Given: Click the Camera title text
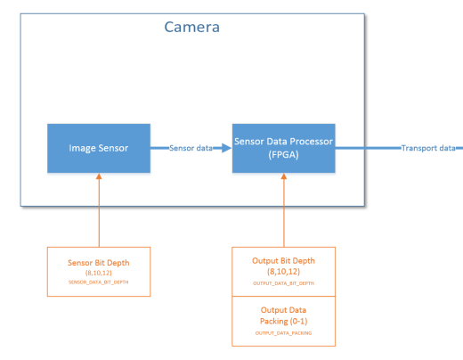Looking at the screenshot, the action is coord(192,27).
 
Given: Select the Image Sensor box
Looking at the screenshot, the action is coord(99,148).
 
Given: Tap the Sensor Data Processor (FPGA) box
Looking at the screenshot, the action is coord(284,148).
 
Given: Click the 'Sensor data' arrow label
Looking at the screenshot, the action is coord(191,148).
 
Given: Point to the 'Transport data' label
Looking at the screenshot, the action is coord(428,148).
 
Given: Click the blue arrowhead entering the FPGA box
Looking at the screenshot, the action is coord(226,148).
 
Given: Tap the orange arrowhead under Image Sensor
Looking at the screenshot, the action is coord(99,176).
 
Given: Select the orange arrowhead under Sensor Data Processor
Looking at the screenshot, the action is coord(284,176).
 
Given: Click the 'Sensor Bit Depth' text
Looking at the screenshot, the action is coord(99,263).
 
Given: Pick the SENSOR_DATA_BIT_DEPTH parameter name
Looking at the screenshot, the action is coord(99,282).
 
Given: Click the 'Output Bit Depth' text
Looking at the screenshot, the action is coord(283,261).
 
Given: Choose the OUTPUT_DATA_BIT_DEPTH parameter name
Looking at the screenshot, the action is coord(283,283).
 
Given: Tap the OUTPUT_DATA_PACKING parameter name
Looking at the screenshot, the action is coord(283,333).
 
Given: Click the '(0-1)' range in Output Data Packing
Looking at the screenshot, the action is coord(299,321).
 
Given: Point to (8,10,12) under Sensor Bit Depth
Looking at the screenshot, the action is coord(99,273).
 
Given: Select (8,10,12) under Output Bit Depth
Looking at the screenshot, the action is coord(283,272).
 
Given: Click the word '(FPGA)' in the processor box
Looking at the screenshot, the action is coord(283,155).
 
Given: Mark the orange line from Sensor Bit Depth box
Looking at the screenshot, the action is coord(99,213).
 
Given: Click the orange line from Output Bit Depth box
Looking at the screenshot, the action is coord(284,213).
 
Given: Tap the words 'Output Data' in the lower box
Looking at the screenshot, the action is coord(283,310).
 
